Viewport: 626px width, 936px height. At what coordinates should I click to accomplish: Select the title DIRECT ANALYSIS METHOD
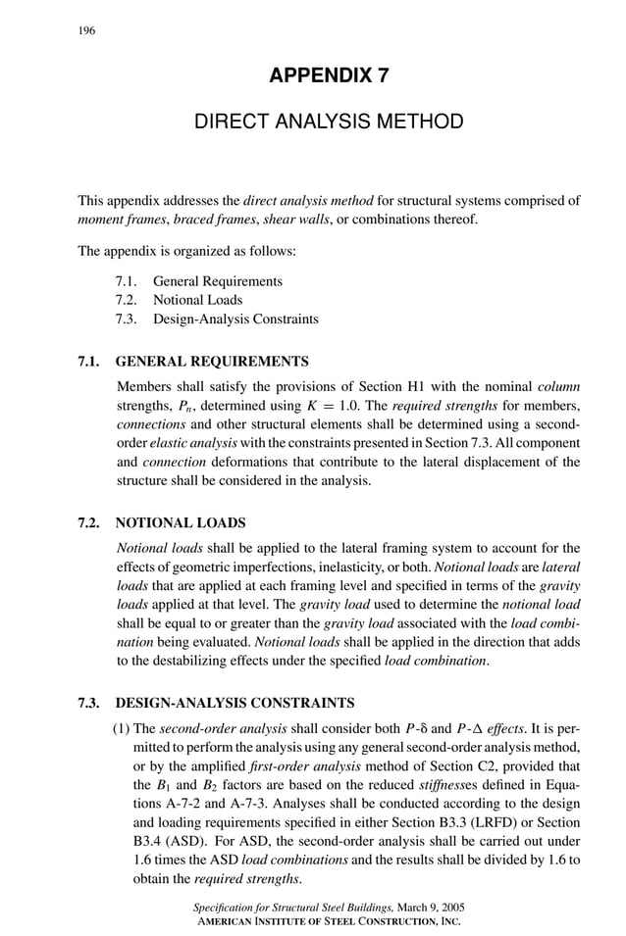(329, 123)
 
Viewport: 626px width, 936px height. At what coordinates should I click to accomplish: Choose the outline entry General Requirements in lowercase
(217, 281)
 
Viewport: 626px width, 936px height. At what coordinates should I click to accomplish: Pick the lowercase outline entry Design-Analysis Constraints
(235, 319)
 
